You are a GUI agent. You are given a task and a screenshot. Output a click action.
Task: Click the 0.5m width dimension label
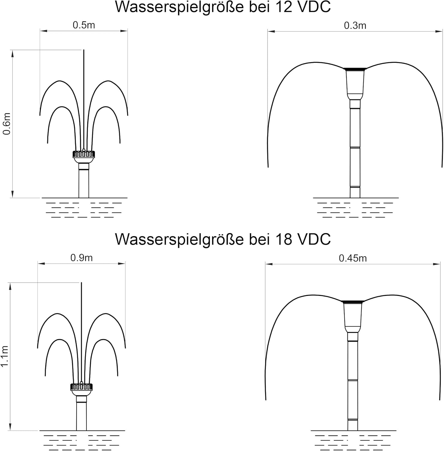pos(84,25)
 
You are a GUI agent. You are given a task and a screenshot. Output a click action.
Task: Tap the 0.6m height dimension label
pos(7,124)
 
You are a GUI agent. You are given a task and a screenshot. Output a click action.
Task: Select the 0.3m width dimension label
pos(355,26)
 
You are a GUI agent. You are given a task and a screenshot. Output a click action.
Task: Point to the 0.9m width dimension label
pos(82,258)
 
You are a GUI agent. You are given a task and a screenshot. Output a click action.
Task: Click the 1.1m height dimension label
pos(5,356)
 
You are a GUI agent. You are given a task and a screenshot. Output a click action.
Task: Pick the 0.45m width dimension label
pos(353,258)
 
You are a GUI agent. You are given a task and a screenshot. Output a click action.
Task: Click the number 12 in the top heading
pos(283,7)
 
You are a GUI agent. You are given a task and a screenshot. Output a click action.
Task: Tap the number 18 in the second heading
pos(283,239)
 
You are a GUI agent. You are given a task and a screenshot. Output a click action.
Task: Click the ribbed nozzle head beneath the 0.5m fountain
pos(84,154)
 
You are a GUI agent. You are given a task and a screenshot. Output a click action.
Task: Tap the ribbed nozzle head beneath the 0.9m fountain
pos(81,387)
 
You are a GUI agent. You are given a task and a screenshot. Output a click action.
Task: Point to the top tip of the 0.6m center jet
pos(84,50)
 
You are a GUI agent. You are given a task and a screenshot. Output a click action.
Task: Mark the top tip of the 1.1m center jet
pos(81,283)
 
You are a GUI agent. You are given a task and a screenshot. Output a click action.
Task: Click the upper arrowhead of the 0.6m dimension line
pos(12,53)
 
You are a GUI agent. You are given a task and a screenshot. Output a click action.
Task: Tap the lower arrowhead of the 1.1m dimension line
pos(10,427)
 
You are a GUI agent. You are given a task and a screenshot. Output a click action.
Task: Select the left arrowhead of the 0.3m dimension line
pos(271,31)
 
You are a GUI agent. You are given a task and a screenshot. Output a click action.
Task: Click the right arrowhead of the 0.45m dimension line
pos(437,264)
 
